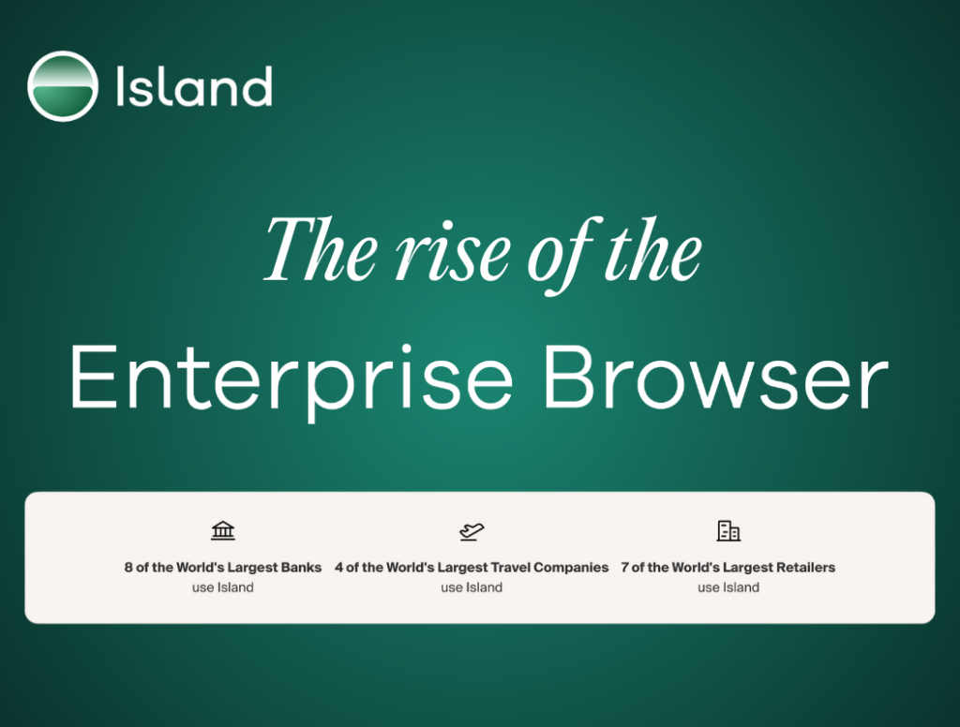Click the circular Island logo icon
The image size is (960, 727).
63,85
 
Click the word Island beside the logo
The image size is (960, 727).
193,86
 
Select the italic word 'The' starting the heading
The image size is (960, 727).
321,250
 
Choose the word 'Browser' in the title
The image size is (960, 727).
715,377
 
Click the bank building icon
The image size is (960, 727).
223,530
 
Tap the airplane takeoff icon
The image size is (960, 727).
472,531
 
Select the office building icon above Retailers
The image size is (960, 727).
728,530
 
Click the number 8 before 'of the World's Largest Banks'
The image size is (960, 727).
128,568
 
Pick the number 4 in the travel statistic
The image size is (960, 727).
339,568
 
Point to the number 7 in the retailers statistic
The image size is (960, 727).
625,568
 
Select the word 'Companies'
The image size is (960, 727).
571,568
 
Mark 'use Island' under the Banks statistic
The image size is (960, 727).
223,587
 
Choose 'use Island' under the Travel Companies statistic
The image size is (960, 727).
472,587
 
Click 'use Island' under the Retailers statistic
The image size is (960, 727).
728,587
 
